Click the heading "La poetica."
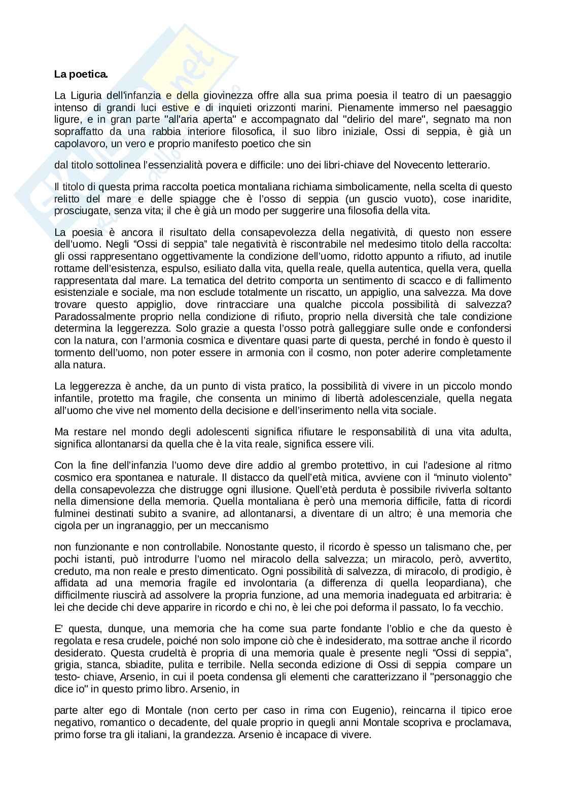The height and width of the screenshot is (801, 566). coord(81,75)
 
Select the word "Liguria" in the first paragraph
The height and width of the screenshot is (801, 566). coord(85,95)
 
